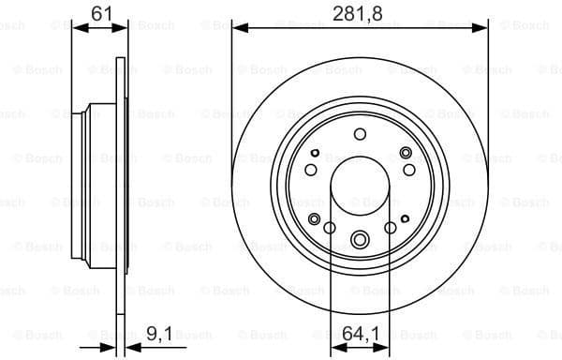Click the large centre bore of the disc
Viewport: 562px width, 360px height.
click(x=360, y=186)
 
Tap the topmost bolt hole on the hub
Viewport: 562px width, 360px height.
click(x=360, y=134)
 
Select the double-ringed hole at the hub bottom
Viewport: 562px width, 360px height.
click(x=360, y=239)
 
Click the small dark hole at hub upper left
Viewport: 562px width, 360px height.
click(x=316, y=153)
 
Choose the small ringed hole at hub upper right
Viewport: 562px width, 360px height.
click(x=405, y=153)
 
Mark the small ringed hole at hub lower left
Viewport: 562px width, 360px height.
click(x=315, y=219)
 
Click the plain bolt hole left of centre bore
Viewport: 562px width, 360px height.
click(x=329, y=227)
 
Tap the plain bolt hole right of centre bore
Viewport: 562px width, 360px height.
click(x=391, y=227)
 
